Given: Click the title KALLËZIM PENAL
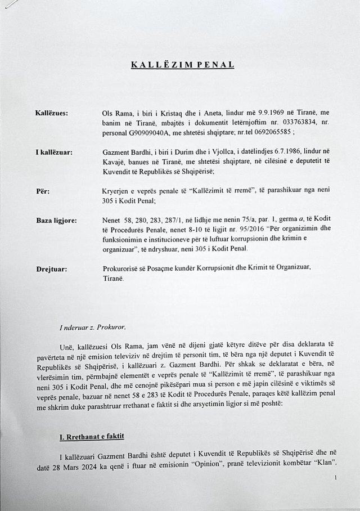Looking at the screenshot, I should (183, 65).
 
